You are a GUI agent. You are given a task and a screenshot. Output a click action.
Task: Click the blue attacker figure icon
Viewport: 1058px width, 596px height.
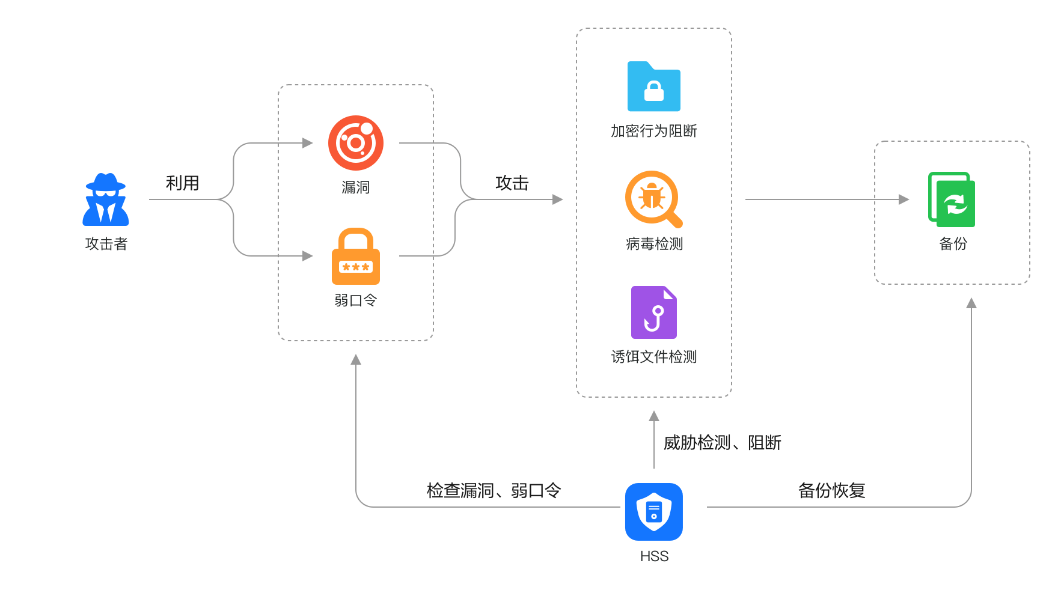(x=106, y=200)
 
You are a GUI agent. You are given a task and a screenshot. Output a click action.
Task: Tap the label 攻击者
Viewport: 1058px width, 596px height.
(x=106, y=244)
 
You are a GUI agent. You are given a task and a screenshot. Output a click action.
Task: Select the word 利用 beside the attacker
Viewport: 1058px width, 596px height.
(x=182, y=183)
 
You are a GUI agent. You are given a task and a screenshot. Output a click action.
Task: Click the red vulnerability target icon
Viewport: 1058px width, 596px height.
(x=356, y=143)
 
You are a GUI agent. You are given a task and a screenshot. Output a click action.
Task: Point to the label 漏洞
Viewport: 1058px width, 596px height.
(x=356, y=187)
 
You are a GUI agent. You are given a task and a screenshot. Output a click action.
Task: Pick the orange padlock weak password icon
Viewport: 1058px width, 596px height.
(x=356, y=257)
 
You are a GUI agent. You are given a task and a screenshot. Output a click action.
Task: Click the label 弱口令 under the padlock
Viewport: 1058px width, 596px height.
(x=356, y=300)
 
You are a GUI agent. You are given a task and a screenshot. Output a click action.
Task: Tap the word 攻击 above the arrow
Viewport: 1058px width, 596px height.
(x=512, y=183)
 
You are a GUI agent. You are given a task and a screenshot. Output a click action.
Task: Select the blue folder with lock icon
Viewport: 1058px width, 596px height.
(x=654, y=87)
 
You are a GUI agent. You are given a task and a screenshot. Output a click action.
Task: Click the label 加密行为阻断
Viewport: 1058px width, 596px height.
(x=654, y=131)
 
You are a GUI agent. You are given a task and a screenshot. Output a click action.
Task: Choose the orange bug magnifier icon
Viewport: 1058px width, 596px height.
(x=653, y=199)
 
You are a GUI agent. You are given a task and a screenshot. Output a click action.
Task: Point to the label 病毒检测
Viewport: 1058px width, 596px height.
(x=654, y=244)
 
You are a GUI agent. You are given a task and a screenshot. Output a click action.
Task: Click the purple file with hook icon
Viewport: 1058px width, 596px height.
(x=654, y=312)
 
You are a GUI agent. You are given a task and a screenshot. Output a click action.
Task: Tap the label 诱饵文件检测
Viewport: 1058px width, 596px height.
(x=654, y=357)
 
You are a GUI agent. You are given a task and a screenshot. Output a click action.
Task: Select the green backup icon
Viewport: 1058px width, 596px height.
(x=952, y=199)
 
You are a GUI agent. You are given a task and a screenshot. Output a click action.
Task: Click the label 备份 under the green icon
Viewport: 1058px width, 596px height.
(x=953, y=244)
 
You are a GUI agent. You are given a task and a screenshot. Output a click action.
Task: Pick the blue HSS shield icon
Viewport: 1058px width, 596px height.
(x=653, y=512)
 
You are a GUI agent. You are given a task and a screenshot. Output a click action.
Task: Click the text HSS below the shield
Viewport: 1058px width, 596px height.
(x=654, y=556)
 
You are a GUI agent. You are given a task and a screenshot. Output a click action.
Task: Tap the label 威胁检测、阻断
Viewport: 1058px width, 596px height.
(x=722, y=443)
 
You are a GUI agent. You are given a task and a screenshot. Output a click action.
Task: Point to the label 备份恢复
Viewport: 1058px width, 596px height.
(x=831, y=490)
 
